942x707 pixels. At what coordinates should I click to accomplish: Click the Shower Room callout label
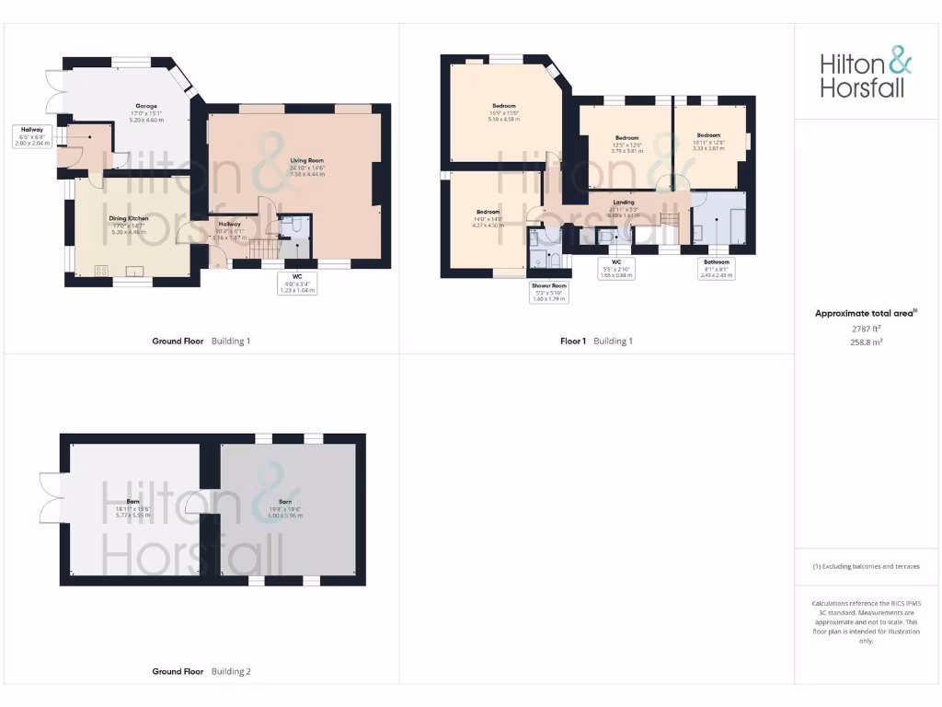pos(548,292)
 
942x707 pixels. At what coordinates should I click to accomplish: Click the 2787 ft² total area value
pos(867,328)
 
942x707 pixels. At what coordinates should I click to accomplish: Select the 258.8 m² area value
pos(866,341)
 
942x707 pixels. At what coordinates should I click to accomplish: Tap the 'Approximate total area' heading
pos(865,314)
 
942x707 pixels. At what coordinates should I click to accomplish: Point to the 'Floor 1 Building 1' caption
pos(596,342)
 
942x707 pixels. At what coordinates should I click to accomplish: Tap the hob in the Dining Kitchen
pos(100,270)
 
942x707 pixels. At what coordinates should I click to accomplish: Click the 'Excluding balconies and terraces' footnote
pos(866,566)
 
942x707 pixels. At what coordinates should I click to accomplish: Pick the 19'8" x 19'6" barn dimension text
pos(286,508)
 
